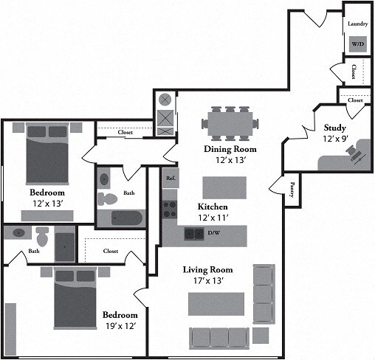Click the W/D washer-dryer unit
click(x=358, y=44)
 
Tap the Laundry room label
click(x=357, y=24)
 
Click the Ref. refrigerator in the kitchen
click(x=171, y=178)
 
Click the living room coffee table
click(x=216, y=303)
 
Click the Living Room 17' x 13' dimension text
click(x=203, y=280)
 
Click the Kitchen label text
click(x=212, y=207)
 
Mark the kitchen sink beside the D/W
click(x=194, y=234)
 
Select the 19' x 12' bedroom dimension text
click(x=119, y=325)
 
